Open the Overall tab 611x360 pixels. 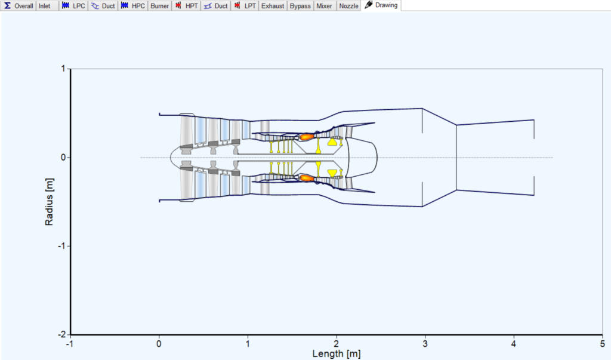[18, 6]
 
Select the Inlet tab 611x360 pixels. [45, 6]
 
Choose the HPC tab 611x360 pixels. [132, 6]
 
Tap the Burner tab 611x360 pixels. [159, 6]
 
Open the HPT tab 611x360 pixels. [187, 6]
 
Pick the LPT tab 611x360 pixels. [245, 6]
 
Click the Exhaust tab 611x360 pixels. [273, 6]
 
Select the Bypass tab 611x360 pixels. [300, 6]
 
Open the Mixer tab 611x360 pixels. [325, 6]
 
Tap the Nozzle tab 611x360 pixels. [348, 6]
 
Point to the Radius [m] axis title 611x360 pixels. [49, 202]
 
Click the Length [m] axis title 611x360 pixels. [337, 353]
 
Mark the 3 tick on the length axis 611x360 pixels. [425, 343]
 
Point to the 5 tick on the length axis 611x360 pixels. [602, 343]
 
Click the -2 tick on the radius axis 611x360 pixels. [62, 335]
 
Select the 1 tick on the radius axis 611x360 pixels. [64, 69]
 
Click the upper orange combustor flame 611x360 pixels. [307, 137]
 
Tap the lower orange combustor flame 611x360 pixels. [307, 177]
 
